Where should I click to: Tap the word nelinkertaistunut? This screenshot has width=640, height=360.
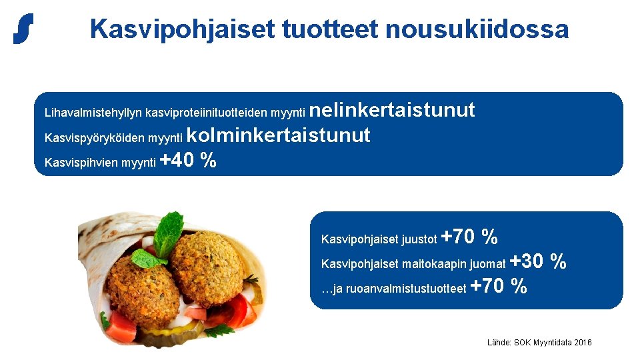393,109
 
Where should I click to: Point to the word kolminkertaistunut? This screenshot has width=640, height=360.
278,135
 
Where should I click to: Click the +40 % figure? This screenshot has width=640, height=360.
189,161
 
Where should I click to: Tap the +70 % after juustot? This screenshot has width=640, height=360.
469,237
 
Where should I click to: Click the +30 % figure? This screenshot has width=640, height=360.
538,261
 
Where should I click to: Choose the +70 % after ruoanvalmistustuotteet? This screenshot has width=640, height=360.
499,287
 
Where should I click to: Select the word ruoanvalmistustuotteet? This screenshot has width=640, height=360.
406,289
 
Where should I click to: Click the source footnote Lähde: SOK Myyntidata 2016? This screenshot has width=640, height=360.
539,343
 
